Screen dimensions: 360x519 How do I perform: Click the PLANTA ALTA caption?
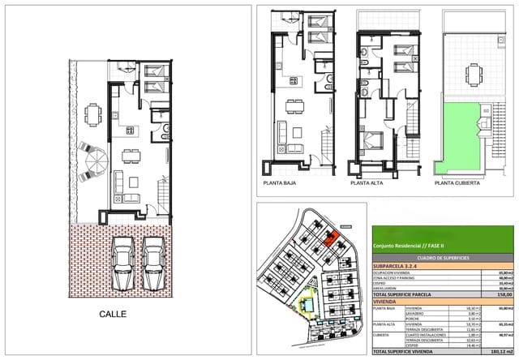coord(367,184)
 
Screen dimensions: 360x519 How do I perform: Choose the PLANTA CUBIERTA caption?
coord(457,184)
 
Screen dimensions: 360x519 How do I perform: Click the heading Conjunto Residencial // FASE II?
coord(409,246)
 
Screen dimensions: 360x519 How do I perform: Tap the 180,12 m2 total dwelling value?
coord(500,353)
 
